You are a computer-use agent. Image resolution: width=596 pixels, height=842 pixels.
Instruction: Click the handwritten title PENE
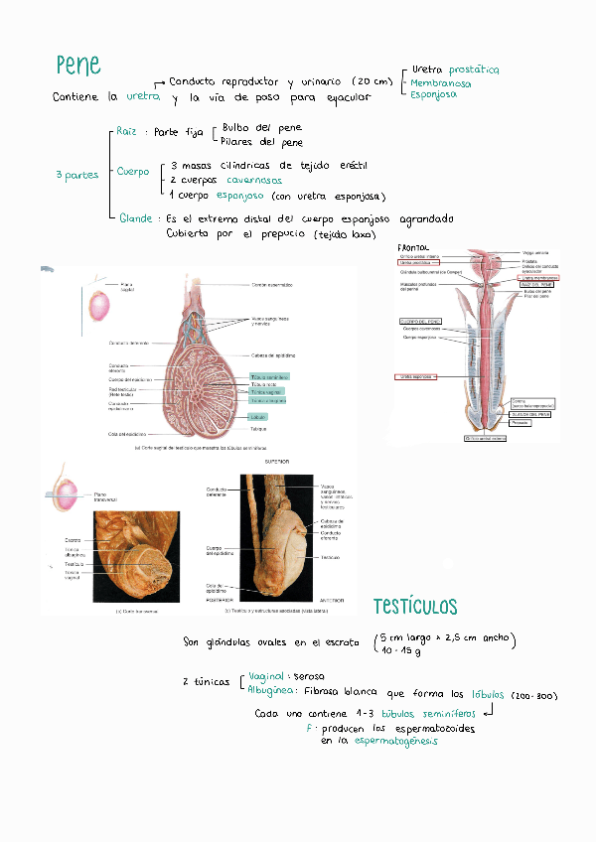coord(78,66)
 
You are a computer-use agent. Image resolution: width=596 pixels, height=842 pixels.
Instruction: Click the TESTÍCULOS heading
coord(415,606)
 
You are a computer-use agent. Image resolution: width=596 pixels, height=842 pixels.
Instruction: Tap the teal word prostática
coord(473,70)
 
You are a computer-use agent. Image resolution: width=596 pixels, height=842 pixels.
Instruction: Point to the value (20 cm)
coord(372,81)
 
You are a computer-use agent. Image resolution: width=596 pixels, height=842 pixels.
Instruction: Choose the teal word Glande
coord(136,217)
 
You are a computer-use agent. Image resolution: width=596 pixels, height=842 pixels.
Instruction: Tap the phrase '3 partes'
coord(76,176)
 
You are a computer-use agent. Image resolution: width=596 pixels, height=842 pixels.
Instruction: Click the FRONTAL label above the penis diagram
coord(412,246)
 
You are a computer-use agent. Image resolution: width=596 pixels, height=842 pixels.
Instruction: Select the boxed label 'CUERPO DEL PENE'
coord(419,322)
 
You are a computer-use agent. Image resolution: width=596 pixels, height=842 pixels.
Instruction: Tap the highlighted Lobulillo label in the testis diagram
coord(257,417)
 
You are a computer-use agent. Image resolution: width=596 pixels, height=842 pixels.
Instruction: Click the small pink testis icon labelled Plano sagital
coord(99,304)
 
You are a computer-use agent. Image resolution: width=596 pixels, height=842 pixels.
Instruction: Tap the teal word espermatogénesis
coord(394,741)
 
